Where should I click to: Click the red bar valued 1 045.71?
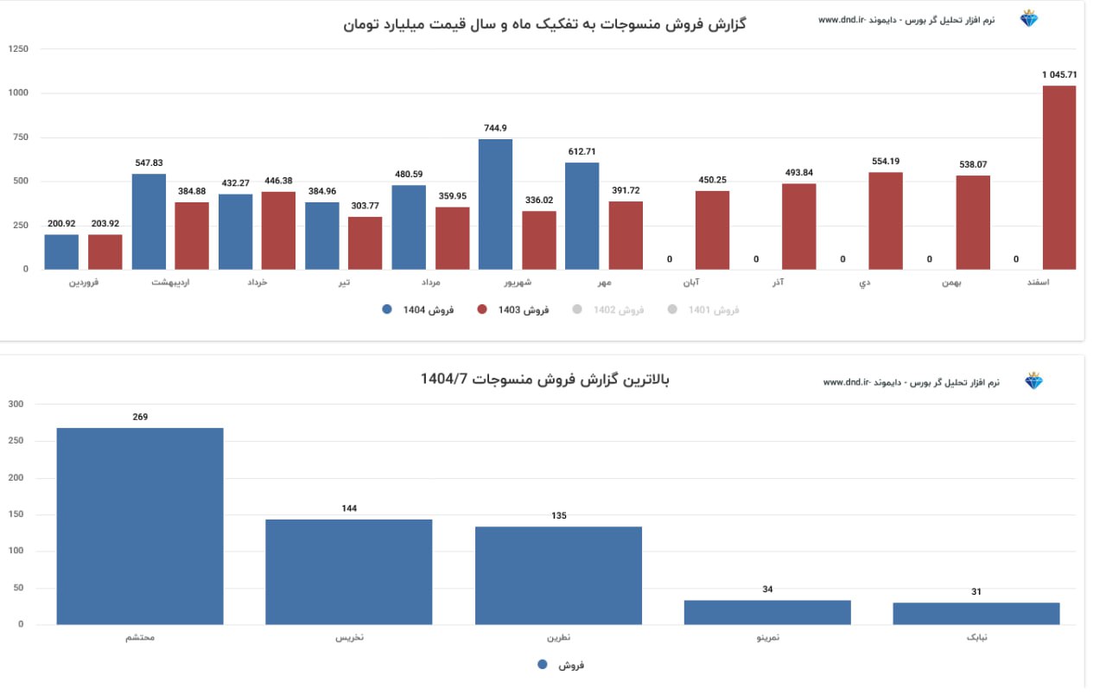[x=1058, y=177]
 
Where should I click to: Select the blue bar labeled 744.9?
[x=495, y=204]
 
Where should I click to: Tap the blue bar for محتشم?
[x=140, y=526]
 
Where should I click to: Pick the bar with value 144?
[x=348, y=571]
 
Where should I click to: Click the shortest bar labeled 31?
[x=976, y=613]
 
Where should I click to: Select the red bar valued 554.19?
[x=885, y=220]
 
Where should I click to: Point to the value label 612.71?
[x=582, y=151]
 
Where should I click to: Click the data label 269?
[x=140, y=417]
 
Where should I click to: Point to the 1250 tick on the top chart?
[x=18, y=49]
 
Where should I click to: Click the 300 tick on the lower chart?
[x=16, y=404]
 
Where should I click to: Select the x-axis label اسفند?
[x=1059, y=282]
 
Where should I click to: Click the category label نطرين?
[x=558, y=638]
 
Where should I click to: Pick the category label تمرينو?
[x=767, y=638]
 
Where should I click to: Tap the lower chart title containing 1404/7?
[x=544, y=379]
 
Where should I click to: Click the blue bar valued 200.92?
[x=61, y=252]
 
